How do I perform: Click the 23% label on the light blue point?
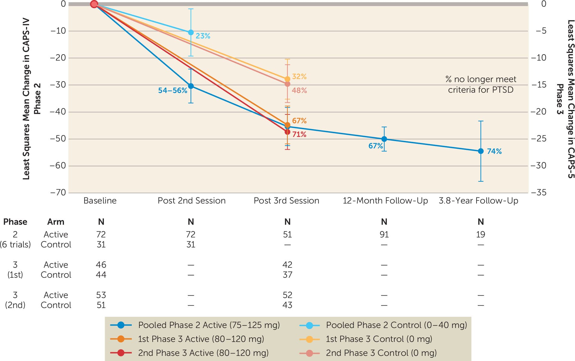[203, 36]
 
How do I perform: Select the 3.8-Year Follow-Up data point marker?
[480, 151]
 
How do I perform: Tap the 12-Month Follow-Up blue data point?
[384, 139]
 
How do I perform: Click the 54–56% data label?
[172, 91]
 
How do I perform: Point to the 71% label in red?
[299, 134]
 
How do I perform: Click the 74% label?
[494, 151]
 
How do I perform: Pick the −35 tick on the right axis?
[539, 192]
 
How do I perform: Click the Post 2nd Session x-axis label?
[191, 201]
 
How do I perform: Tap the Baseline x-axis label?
[100, 201]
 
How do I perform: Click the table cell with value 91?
[384, 234]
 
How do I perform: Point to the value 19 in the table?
[480, 234]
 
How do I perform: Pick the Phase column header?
[15, 222]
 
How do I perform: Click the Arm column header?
[56, 222]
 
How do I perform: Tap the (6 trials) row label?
[15, 244]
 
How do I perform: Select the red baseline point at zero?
[94, 4]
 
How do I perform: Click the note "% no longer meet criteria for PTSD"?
[480, 84]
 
